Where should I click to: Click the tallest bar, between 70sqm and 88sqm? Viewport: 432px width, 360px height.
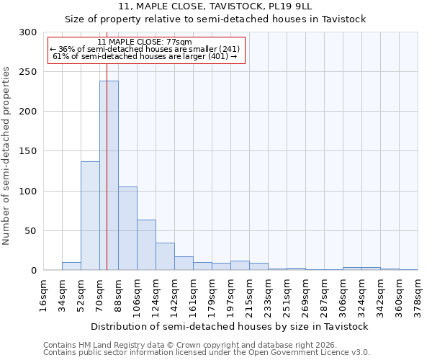pyautogui.click(x=109, y=176)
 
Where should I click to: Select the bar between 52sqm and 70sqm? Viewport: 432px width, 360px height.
pyautogui.click(x=90, y=216)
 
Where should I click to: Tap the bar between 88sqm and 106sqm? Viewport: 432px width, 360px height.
pyautogui.click(x=127, y=228)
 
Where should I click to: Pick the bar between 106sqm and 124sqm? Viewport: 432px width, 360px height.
pyautogui.click(x=146, y=245)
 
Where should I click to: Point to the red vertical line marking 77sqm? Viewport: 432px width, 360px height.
pyautogui.click(x=107, y=144)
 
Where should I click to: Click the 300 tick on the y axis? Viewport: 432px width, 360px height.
pyautogui.click(x=29, y=32)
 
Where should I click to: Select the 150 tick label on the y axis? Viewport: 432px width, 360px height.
pyautogui.click(x=29, y=151)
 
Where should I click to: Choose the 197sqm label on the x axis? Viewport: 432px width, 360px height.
pyautogui.click(x=230, y=295)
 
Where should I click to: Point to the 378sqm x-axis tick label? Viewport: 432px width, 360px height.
pyautogui.click(x=418, y=295)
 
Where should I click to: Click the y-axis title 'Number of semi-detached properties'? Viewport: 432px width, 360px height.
pyautogui.click(x=6, y=156)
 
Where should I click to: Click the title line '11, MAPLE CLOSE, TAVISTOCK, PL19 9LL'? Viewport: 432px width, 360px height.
pyautogui.click(x=215, y=6)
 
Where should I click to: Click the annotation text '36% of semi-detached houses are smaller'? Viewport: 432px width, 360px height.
pyautogui.click(x=147, y=49)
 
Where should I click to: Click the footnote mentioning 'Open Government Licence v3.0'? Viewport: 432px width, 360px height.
pyautogui.click(x=206, y=353)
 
